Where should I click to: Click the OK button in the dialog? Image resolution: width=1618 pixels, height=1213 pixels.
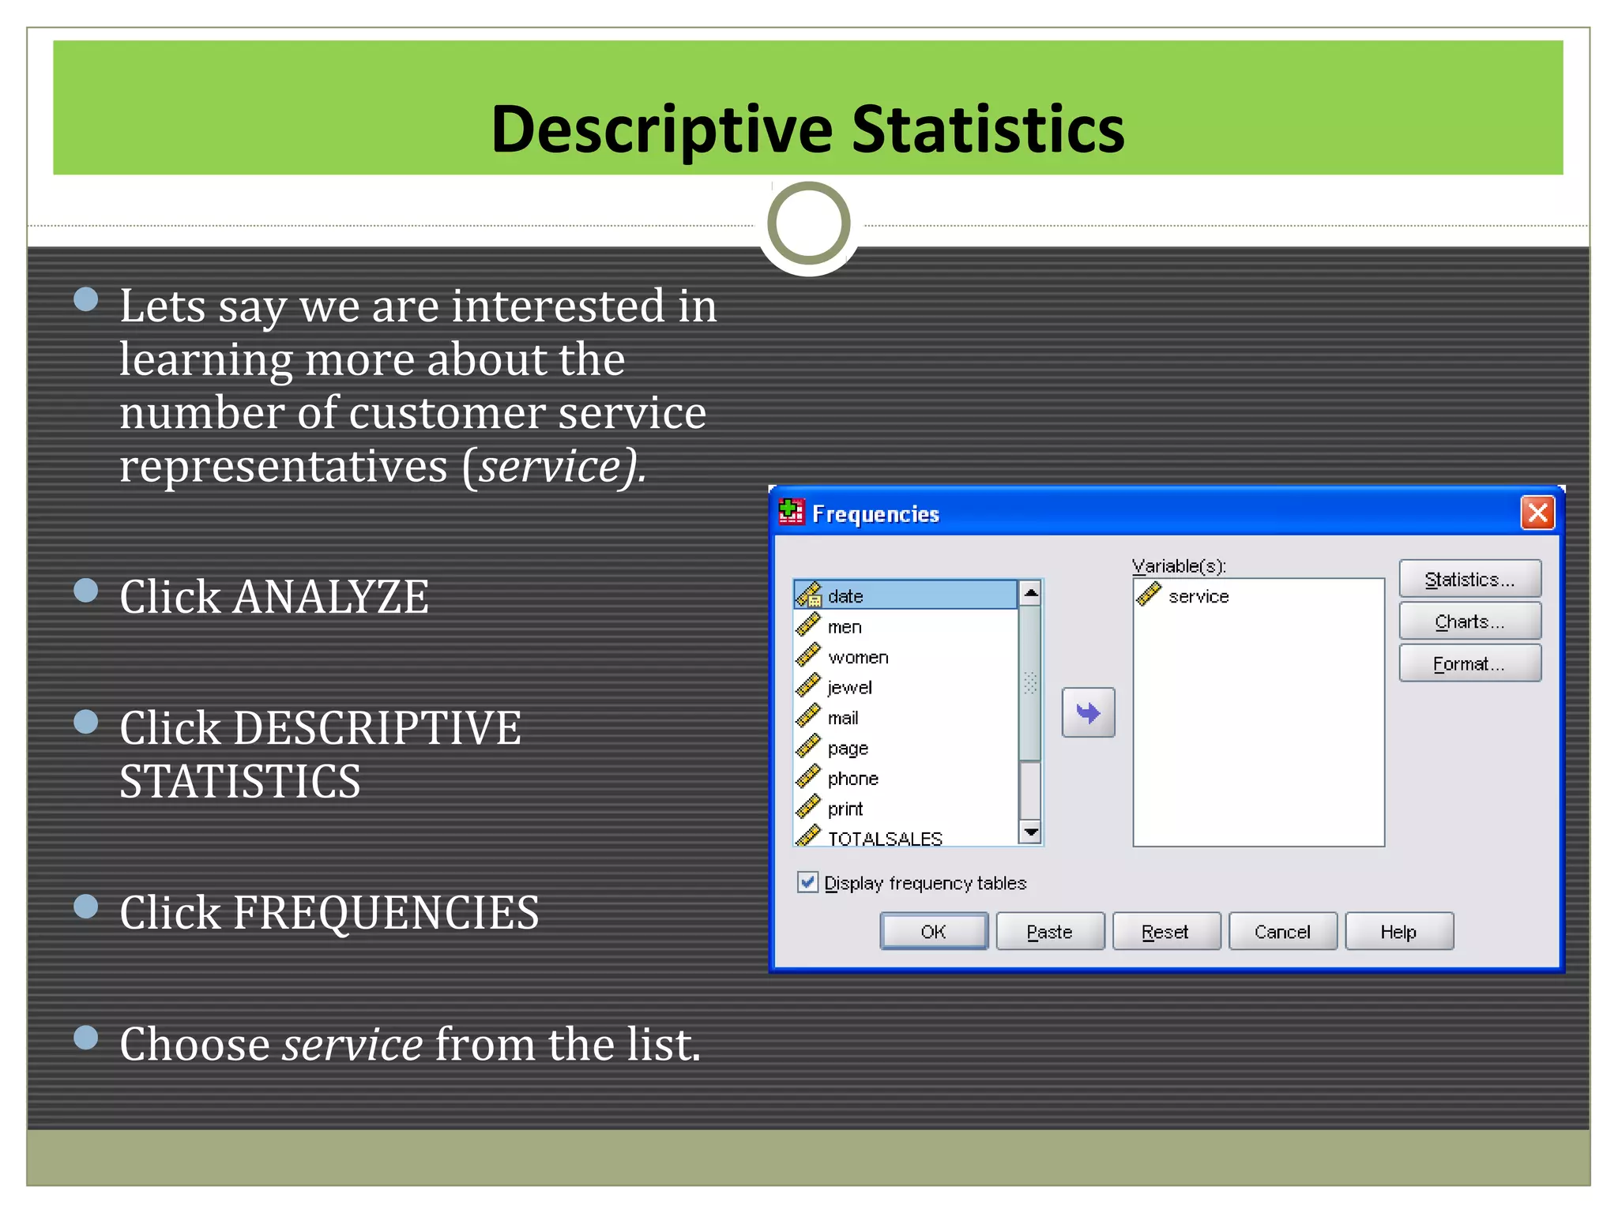[x=933, y=932]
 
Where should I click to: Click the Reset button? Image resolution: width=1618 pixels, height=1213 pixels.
[x=1165, y=932]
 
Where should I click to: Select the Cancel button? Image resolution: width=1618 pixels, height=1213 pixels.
[x=1281, y=932]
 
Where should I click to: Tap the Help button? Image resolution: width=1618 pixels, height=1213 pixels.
[x=1398, y=932]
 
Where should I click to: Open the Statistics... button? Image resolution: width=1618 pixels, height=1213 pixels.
[x=1469, y=580]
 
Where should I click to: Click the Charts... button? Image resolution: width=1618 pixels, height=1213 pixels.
[x=1469, y=622]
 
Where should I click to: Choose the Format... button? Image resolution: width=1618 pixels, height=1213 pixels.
[x=1469, y=664]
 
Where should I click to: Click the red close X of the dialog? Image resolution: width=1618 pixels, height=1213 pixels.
[x=1537, y=513]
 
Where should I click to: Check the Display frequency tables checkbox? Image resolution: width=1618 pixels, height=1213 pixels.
[x=807, y=882]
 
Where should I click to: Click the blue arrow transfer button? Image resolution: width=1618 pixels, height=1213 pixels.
[x=1088, y=713]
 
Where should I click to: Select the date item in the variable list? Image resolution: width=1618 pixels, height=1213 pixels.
[x=845, y=596]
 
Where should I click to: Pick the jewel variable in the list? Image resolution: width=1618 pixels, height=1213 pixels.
[x=849, y=688]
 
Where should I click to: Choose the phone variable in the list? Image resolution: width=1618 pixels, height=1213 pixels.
[x=852, y=779]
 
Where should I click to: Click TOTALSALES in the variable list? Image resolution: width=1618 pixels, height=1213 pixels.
[x=884, y=838]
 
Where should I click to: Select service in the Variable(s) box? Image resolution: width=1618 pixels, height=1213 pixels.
[x=1198, y=597]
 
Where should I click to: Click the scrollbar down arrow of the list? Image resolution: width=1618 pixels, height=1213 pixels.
[x=1030, y=832]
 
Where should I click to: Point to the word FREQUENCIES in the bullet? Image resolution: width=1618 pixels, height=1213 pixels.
[x=386, y=913]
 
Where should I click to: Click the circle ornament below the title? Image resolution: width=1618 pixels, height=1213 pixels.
[x=808, y=223]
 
